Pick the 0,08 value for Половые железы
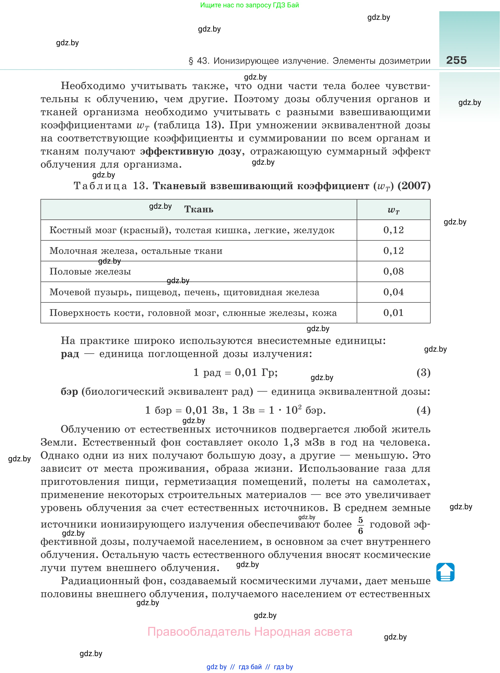point(394,271)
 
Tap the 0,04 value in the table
point(394,292)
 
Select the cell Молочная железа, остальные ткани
point(136,251)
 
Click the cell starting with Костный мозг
point(192,230)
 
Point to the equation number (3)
point(423,372)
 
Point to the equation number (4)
point(423,410)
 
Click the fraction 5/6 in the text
point(360,525)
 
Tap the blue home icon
point(445,572)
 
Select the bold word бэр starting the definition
point(69,392)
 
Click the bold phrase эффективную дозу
point(191,151)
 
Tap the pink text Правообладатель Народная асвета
point(250,632)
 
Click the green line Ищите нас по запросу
point(249,5)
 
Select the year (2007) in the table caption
point(414,186)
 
